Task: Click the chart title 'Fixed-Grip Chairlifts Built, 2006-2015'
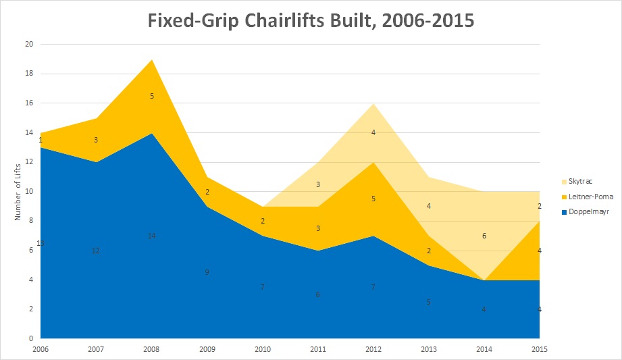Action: [311, 20]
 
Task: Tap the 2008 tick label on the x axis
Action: [151, 350]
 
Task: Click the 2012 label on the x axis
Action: [373, 350]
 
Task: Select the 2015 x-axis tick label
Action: [539, 350]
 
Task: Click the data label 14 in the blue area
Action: [152, 236]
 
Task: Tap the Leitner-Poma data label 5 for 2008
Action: [152, 96]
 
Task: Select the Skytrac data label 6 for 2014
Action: [484, 236]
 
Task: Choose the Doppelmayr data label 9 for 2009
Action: [207, 272]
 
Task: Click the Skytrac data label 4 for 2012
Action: [373, 133]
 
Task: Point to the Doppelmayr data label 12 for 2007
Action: [96, 251]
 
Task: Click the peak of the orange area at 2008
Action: [152, 60]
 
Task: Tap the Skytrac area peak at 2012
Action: [373, 104]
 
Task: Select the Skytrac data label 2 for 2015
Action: [539, 207]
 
